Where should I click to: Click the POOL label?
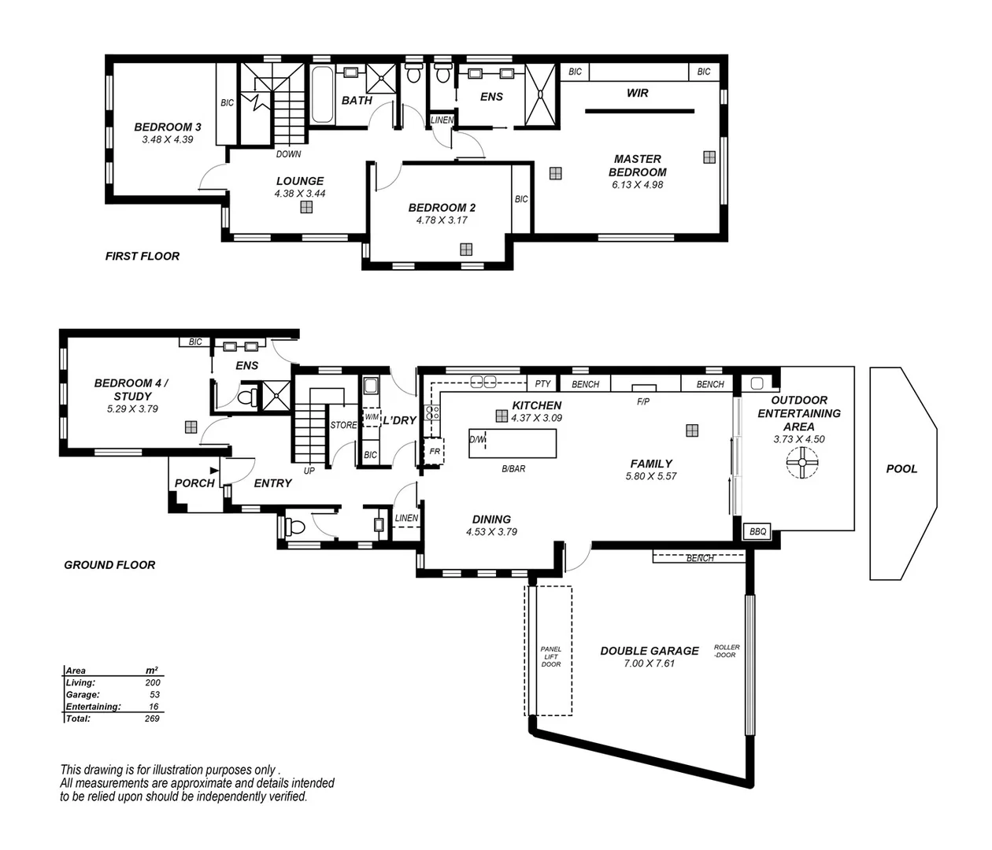coord(901,468)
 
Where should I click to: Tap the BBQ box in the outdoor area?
coord(757,532)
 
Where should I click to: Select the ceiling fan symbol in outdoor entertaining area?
coord(802,462)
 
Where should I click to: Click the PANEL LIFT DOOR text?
coord(551,656)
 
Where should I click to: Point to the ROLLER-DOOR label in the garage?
coord(726,651)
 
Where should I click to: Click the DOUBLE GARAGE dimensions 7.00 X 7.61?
coord(649,663)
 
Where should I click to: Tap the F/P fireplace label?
coord(643,401)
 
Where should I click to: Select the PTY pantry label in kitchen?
coord(542,384)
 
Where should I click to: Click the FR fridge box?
coord(434,452)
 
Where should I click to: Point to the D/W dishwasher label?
coord(477,439)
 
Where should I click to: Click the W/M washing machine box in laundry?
coord(372,416)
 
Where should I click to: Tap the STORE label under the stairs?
coord(343,425)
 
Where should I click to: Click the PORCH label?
coord(194,483)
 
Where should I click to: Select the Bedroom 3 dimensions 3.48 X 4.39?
coord(167,139)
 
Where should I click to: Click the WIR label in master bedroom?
coord(637,93)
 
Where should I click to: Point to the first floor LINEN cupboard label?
coord(442,120)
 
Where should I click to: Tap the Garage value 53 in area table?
coord(154,695)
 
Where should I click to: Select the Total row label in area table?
coord(78,719)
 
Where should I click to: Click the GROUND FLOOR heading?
coord(109,564)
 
